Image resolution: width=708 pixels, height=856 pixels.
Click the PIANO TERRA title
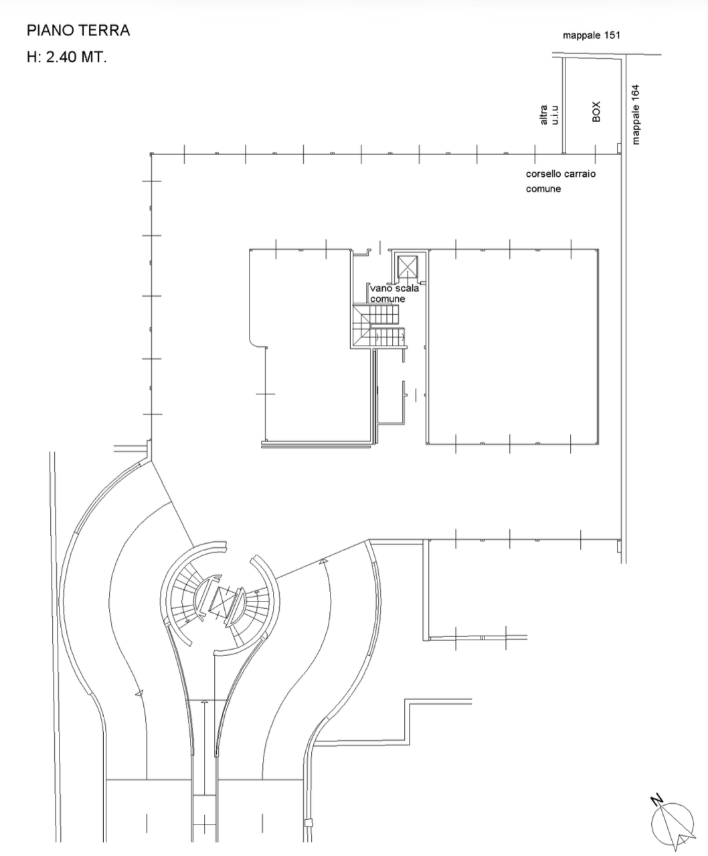(x=78, y=30)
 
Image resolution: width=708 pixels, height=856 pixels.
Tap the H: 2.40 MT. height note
(x=67, y=57)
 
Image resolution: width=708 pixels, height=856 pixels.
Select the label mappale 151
(x=592, y=35)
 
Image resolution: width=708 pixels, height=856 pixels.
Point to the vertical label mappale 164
(x=636, y=115)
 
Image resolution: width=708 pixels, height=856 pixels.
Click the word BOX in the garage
(x=596, y=111)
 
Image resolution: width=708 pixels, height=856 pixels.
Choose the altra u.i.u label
(x=549, y=115)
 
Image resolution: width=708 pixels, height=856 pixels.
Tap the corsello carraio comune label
(x=561, y=182)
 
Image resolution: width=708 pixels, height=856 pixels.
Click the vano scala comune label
(x=394, y=293)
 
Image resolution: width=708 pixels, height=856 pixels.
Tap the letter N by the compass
(x=656, y=800)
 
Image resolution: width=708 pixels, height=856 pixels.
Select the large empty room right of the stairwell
(x=512, y=346)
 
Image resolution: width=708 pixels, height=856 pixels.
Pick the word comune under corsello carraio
(x=543, y=189)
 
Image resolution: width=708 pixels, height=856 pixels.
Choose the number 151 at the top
(x=612, y=35)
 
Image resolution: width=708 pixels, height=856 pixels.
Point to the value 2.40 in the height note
(x=61, y=57)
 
